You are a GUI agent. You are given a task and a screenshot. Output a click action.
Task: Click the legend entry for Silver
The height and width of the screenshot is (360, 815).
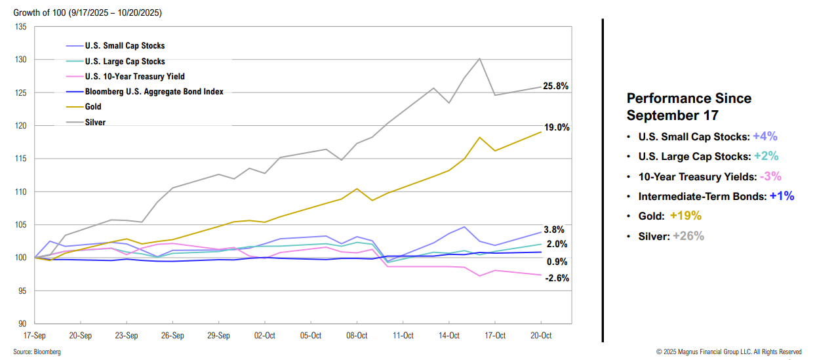(x=95, y=122)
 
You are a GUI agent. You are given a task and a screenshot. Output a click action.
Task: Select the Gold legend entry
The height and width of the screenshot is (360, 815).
(x=93, y=107)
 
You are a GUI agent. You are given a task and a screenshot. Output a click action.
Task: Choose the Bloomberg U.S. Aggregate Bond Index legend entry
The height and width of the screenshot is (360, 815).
(x=154, y=92)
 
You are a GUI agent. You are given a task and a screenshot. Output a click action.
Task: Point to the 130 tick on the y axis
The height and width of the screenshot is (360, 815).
(x=21, y=60)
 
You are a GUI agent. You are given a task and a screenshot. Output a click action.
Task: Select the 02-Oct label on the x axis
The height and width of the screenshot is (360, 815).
(x=264, y=335)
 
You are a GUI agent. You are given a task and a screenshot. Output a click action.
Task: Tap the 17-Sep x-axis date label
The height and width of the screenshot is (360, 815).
(x=34, y=335)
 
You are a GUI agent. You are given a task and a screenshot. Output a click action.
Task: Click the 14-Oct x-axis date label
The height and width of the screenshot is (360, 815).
(x=448, y=335)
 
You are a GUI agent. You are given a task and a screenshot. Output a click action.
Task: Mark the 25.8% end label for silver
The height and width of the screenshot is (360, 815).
(x=555, y=86)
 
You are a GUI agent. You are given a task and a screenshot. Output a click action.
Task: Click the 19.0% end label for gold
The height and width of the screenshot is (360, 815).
(x=555, y=127)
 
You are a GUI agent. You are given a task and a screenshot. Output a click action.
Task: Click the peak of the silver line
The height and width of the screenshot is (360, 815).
(x=480, y=58)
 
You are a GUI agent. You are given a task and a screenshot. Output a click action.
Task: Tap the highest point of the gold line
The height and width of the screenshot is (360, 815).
(x=541, y=132)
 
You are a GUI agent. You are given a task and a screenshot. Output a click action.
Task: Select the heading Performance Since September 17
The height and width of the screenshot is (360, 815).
(x=689, y=107)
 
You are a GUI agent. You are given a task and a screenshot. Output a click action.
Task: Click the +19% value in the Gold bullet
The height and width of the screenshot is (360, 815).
(x=685, y=216)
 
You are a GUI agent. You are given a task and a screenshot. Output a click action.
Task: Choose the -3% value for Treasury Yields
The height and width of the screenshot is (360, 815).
(x=770, y=176)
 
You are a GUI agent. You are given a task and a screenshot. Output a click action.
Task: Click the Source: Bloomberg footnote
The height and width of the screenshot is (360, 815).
(x=37, y=352)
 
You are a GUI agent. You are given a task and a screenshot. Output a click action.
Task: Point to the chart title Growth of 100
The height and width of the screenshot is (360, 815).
(x=88, y=12)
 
